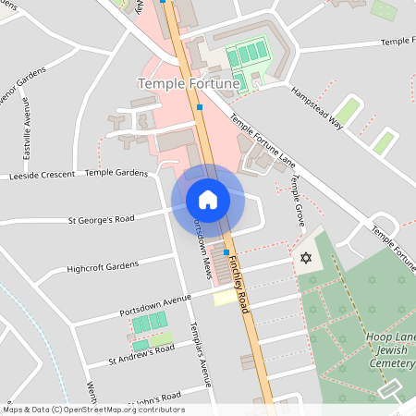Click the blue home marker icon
tap(208, 200)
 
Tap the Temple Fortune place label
tap(189, 83)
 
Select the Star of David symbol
tap(306, 257)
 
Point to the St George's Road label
tap(102, 220)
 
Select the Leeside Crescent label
tap(43, 176)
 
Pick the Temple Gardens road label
tap(116, 173)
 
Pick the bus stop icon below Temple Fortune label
tap(201, 108)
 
